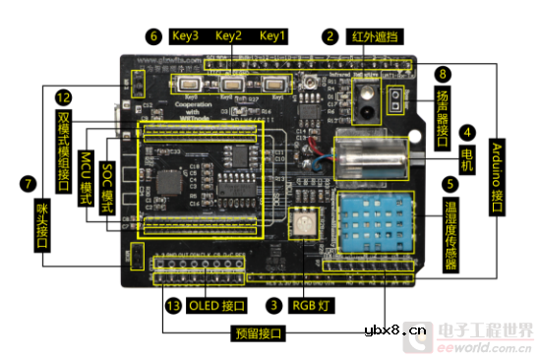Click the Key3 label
[185, 36]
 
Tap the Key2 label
[229, 36]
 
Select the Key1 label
[272, 36]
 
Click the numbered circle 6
[152, 36]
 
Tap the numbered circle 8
[445, 74]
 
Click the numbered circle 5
[450, 183]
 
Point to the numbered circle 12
[64, 97]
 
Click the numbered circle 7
[27, 183]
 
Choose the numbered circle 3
[274, 307]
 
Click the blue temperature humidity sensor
[380, 216]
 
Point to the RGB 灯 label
[314, 307]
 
